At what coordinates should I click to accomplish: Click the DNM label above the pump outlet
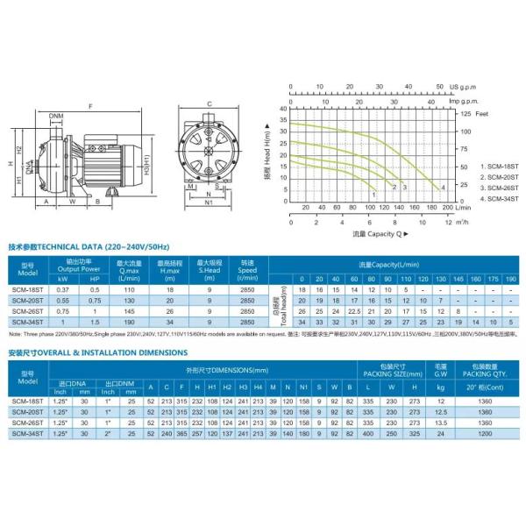tap(57, 115)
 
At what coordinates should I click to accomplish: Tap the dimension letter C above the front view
tap(210, 104)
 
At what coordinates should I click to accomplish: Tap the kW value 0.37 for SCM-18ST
tap(62, 288)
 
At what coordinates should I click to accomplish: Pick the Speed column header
tap(247, 267)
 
